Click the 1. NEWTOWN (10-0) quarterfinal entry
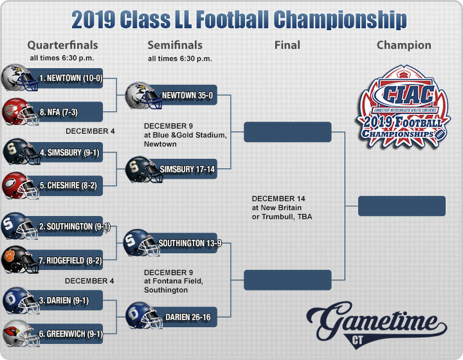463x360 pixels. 71,78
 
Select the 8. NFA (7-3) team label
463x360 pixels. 59,112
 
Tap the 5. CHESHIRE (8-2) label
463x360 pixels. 68,186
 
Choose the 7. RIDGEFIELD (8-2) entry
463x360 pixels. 70,260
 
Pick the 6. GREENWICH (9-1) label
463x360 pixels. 71,334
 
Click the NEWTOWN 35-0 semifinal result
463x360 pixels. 187,95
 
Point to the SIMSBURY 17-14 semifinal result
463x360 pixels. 187,169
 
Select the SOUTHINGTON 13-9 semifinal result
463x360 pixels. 190,243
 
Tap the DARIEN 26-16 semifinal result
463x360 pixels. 188,317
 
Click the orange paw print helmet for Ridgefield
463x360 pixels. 20,260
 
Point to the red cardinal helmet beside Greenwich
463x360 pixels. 21,333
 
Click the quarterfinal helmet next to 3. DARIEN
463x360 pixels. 21,301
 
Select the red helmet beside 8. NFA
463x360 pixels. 20,112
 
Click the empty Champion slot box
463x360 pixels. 402,206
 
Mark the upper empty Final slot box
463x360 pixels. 287,132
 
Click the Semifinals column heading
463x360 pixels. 175,45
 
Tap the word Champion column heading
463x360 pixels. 404,46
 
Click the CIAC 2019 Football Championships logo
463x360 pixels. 403,106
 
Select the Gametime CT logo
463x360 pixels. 377,325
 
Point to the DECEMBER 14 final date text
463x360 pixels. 278,199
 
